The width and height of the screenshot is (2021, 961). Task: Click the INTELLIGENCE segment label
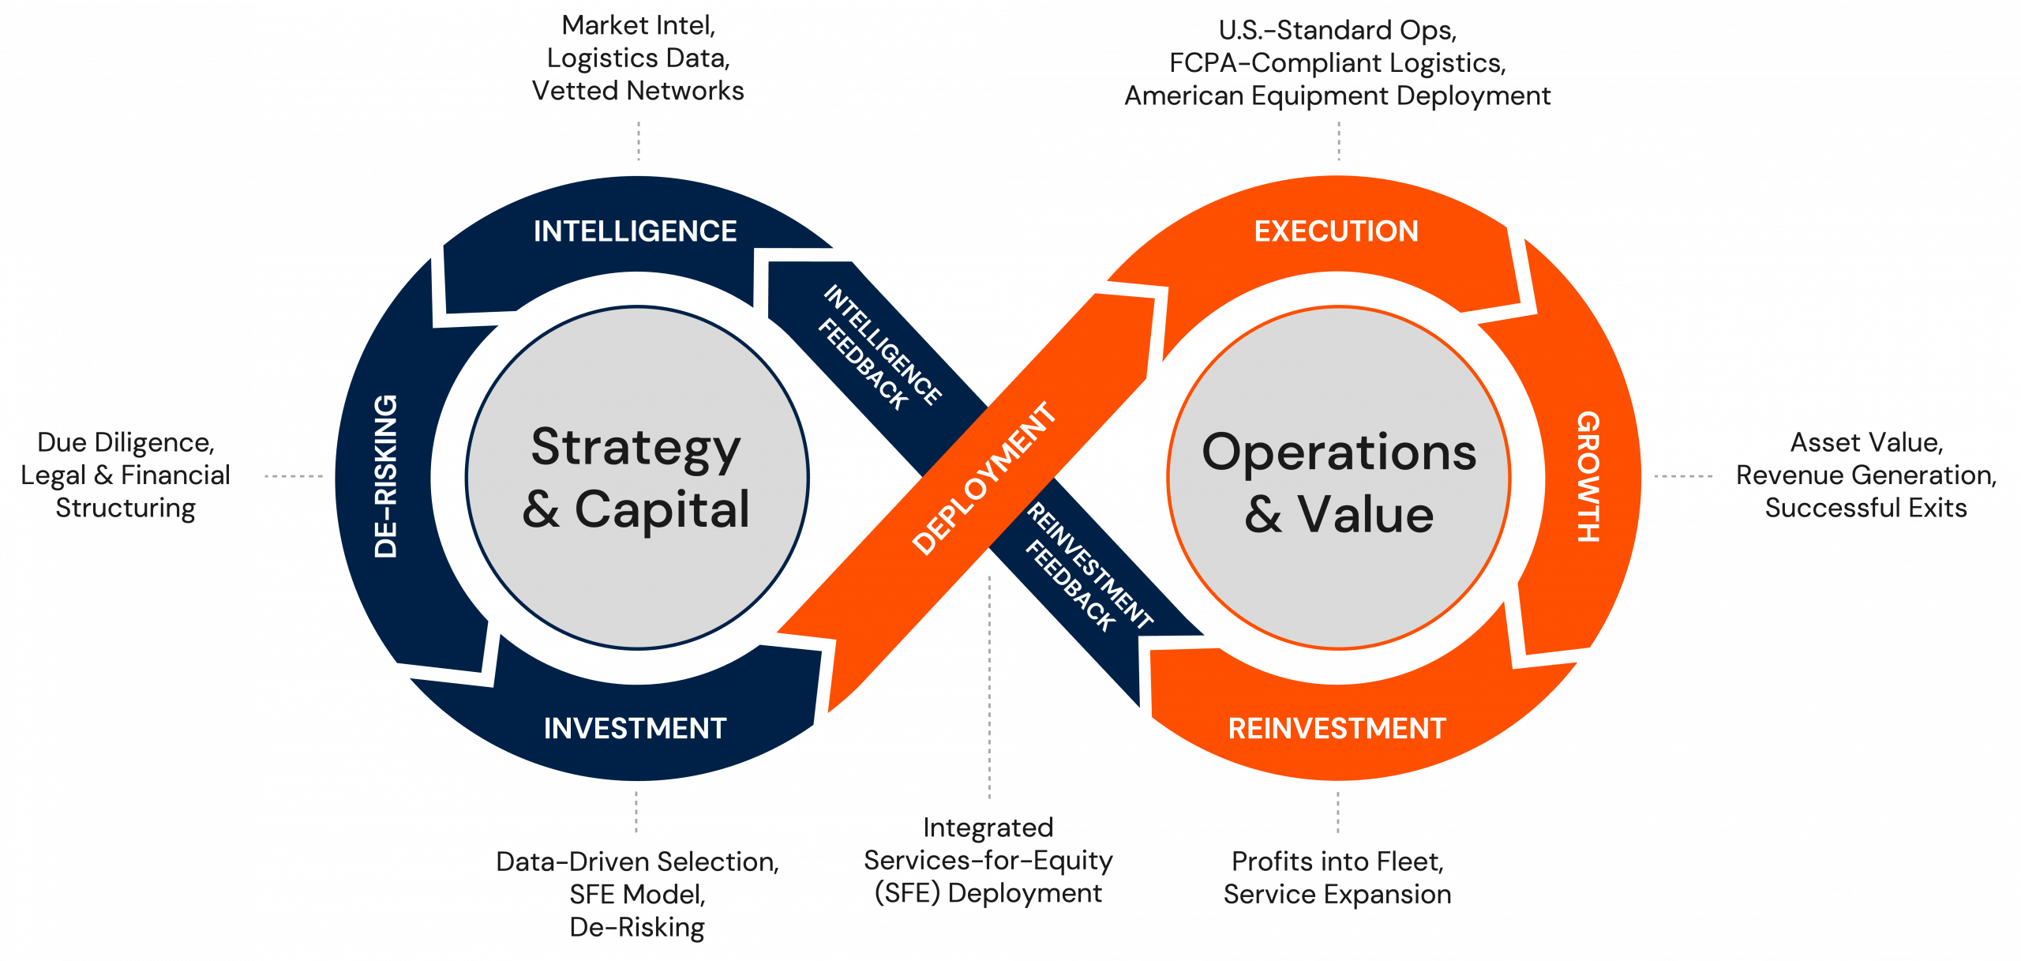pyautogui.click(x=635, y=231)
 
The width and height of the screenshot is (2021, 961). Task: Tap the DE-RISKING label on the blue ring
pyautogui.click(x=386, y=476)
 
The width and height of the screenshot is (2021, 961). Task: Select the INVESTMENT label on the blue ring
pyautogui.click(x=635, y=728)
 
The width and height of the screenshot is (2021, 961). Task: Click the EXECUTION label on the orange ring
pyautogui.click(x=1336, y=231)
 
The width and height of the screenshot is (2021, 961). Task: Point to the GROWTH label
pyautogui.click(x=1588, y=476)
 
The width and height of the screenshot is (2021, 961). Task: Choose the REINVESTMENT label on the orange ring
pyautogui.click(x=1337, y=728)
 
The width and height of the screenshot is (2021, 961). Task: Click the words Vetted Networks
pyautogui.click(x=638, y=91)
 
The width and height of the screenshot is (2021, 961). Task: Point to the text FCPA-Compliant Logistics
pyautogui.click(x=1337, y=63)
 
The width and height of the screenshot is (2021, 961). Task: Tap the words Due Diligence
pyautogui.click(x=126, y=442)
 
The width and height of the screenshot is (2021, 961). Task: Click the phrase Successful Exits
pyautogui.click(x=1865, y=508)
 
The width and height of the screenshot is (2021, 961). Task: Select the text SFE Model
pyautogui.click(x=636, y=895)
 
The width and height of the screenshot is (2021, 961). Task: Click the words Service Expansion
pyautogui.click(x=1337, y=895)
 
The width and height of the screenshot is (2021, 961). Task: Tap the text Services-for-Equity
pyautogui.click(x=988, y=860)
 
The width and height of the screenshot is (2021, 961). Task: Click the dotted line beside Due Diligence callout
pyautogui.click(x=293, y=476)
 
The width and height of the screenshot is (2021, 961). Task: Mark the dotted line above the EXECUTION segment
pyautogui.click(x=1338, y=142)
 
